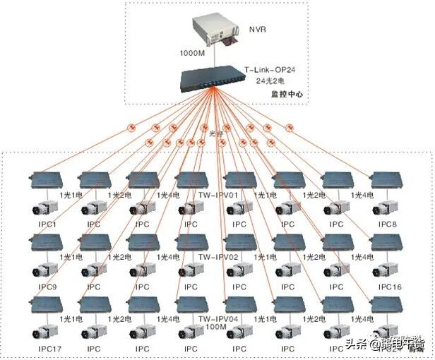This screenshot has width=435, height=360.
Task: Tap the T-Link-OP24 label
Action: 270,70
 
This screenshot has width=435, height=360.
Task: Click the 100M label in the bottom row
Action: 215,328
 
